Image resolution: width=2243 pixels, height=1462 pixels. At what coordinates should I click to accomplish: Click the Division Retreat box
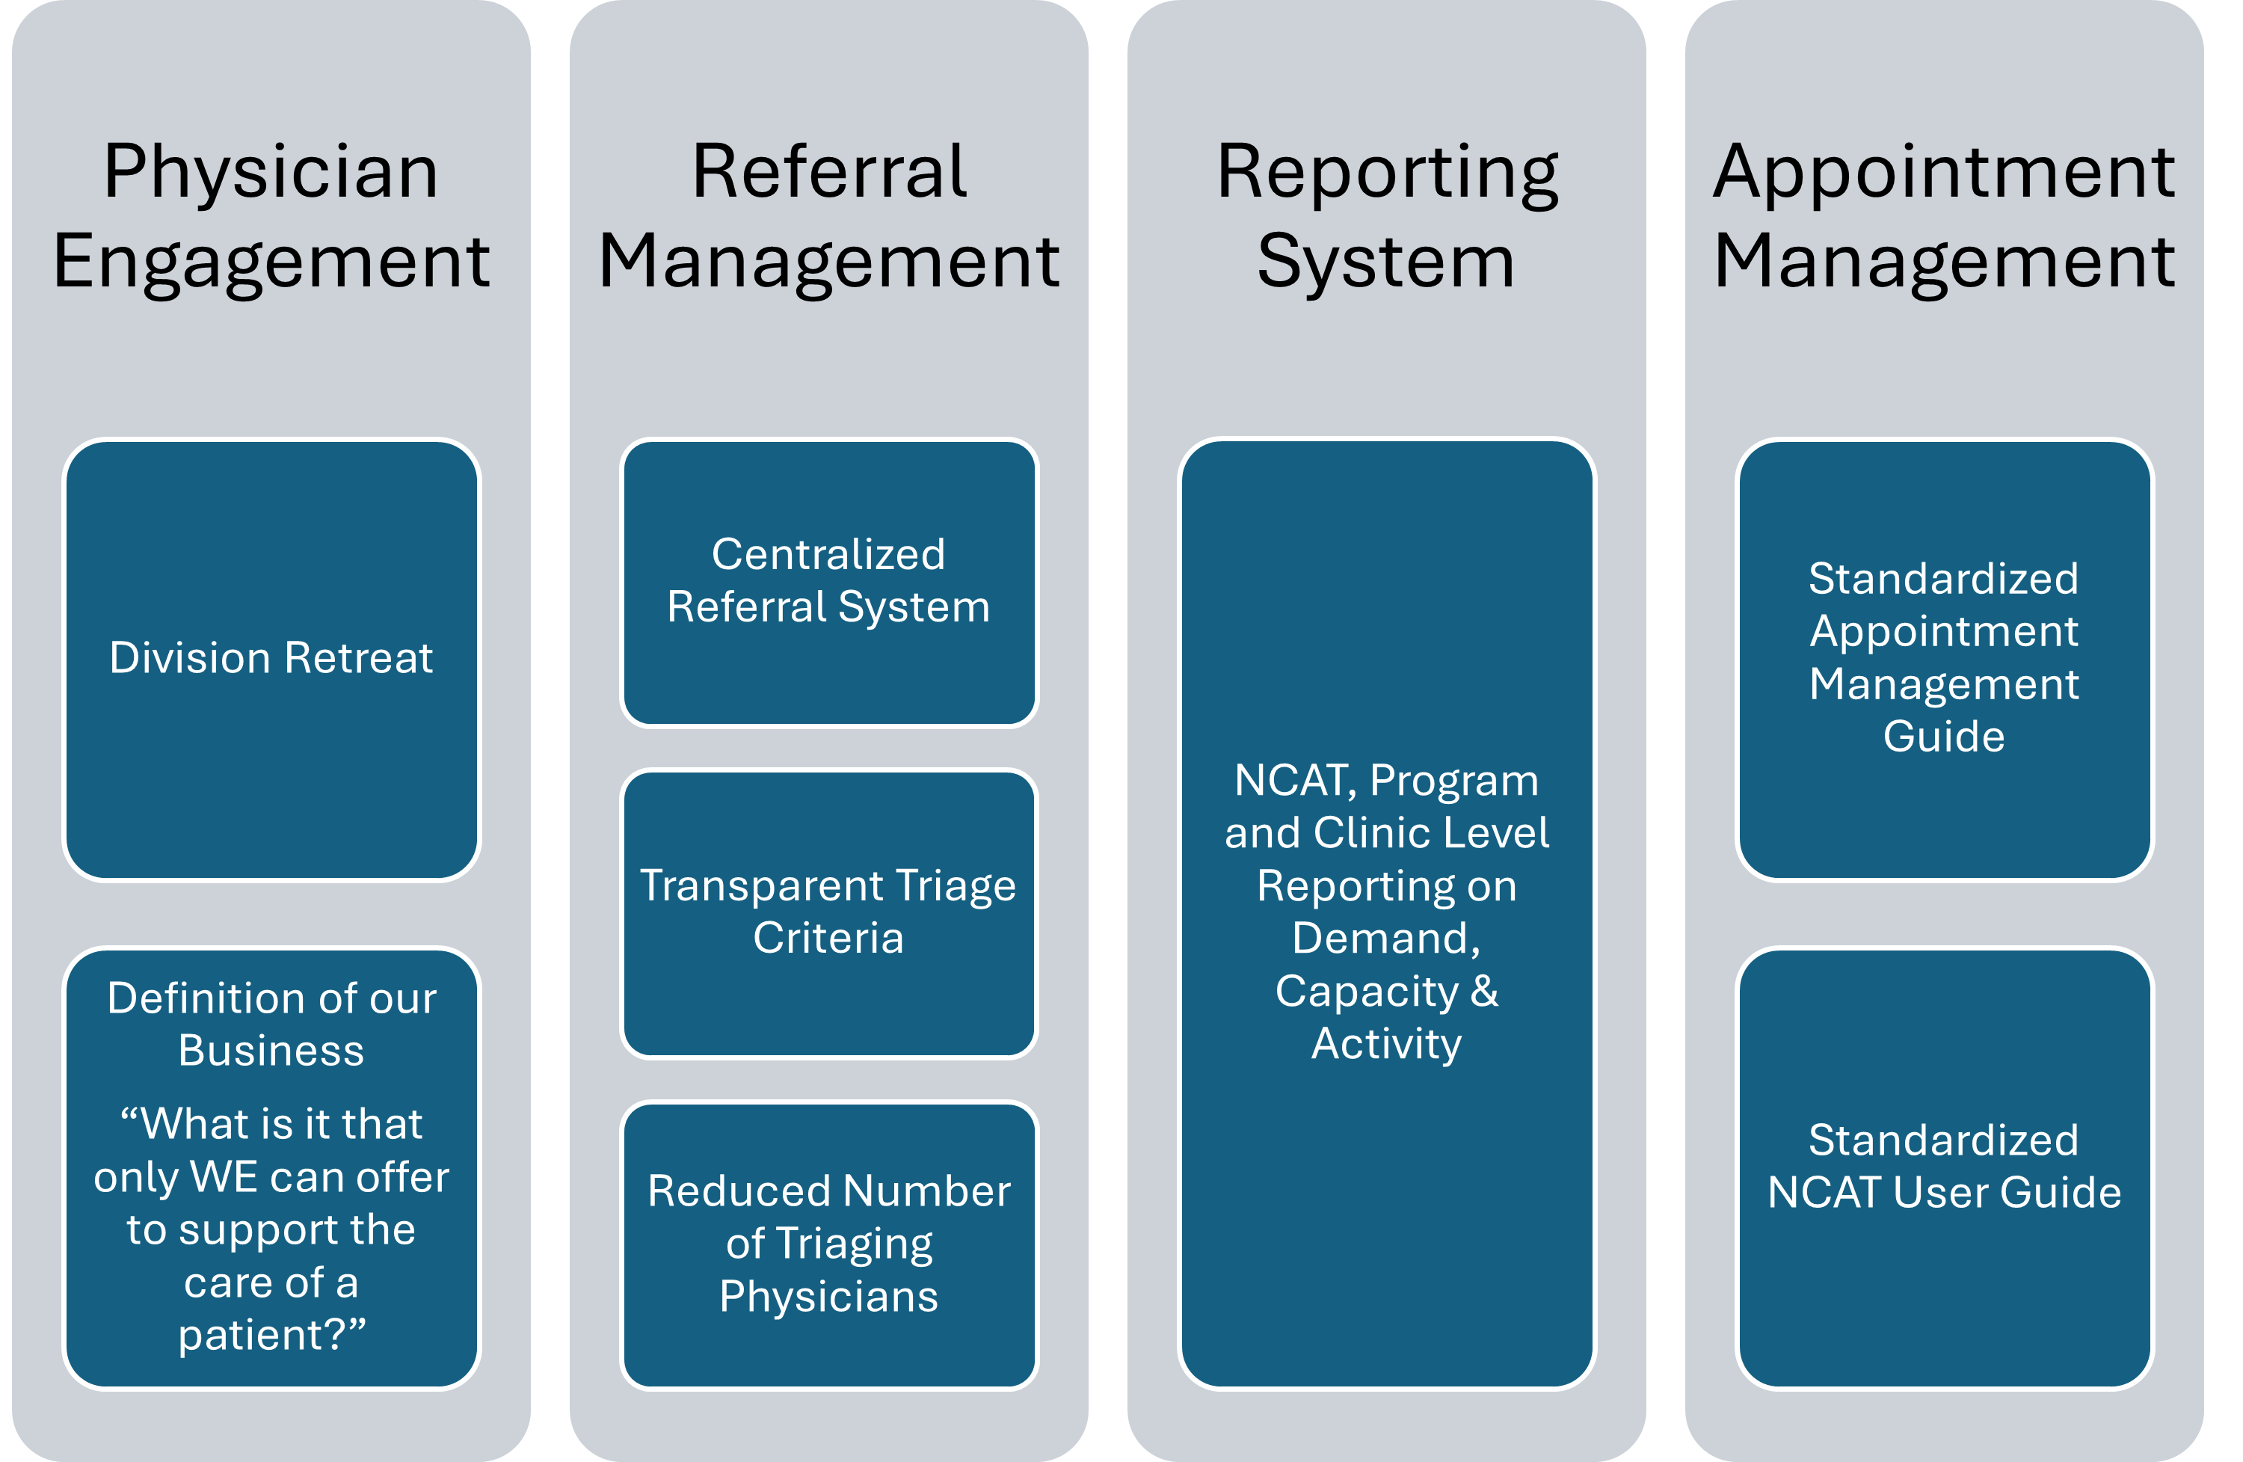[x=271, y=660]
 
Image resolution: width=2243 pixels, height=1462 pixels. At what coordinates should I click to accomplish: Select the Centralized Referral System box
[x=828, y=582]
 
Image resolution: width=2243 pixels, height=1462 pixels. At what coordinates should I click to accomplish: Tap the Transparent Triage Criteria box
[x=828, y=912]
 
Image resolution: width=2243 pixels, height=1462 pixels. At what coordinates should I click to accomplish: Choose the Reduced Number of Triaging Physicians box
[x=828, y=1244]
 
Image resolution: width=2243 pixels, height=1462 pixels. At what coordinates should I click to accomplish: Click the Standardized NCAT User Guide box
[x=1944, y=1167]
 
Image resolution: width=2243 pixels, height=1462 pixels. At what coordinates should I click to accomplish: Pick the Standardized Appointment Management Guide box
[x=1944, y=658]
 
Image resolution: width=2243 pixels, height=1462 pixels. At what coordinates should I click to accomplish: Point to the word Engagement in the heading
[x=271, y=262]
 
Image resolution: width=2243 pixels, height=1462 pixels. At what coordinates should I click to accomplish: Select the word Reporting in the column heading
[x=1387, y=173]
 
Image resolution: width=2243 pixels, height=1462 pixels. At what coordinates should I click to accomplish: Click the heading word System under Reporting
[x=1386, y=262]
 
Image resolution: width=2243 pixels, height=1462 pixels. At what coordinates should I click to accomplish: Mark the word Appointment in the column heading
[x=1944, y=173]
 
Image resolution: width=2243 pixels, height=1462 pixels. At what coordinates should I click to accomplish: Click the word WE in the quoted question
[x=224, y=1177]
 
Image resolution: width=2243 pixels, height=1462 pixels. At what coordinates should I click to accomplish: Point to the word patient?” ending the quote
[x=271, y=1335]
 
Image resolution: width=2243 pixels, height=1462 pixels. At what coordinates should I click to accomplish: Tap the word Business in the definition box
[x=271, y=1051]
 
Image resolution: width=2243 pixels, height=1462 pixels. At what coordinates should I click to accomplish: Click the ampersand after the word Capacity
[x=1484, y=991]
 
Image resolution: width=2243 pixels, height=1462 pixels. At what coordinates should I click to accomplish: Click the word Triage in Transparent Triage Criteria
[x=956, y=887]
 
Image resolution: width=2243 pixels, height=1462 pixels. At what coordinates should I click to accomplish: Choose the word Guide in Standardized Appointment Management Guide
[x=1944, y=736]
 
